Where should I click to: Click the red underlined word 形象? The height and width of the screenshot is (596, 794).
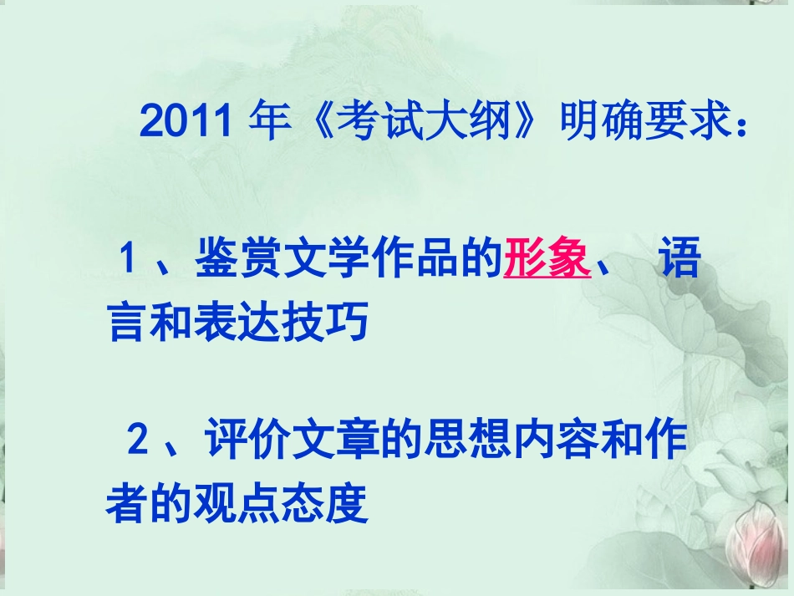click(547, 261)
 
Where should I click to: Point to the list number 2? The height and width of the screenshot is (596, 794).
click(137, 441)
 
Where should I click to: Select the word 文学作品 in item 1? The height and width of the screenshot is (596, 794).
click(367, 261)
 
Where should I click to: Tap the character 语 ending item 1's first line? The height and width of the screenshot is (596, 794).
click(679, 261)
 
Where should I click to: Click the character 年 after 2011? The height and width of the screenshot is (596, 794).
click(270, 123)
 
